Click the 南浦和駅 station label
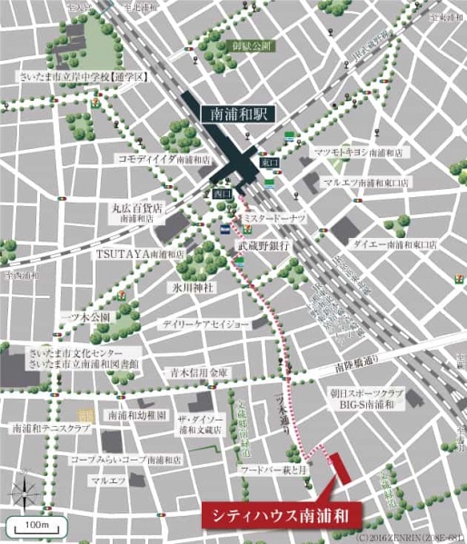point(235,115)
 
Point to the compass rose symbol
point(25,492)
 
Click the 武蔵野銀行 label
point(263,246)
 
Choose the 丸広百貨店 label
point(137,208)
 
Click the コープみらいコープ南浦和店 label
point(126,460)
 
